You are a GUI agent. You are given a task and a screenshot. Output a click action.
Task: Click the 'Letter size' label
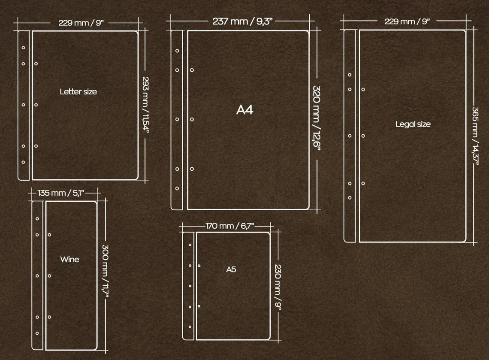coord(78,91)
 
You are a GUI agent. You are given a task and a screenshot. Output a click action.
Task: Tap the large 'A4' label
coord(245,110)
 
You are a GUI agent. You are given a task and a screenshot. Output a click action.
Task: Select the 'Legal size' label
coord(413,124)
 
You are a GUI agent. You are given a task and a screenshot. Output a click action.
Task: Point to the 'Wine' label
coord(69,259)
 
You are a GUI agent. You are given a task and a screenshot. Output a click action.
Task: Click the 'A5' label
coord(231,269)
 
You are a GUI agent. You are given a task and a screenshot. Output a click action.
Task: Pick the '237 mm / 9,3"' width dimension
coord(243,21)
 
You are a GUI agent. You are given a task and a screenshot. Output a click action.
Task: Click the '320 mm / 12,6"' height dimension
coord(317,118)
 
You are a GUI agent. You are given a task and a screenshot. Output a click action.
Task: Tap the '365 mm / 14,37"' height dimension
coord(475,135)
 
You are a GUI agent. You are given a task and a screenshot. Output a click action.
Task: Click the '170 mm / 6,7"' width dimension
coord(230,226)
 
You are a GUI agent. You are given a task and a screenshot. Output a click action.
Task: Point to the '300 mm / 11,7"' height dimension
coord(105,271)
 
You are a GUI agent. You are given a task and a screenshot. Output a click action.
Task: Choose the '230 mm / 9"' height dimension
coord(278,287)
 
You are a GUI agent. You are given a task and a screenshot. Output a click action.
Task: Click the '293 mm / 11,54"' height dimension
coord(146,105)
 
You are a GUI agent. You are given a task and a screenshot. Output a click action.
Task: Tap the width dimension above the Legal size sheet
coord(407,21)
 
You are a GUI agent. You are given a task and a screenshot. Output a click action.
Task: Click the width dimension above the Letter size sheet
coord(81,23)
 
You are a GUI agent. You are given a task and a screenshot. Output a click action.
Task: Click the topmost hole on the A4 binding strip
coord(177,51)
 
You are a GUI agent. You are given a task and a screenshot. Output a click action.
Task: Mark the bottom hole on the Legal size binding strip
coord(350,198)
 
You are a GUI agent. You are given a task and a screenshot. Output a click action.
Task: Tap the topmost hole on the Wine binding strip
coord(37,219)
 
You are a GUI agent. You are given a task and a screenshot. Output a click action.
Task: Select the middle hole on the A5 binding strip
coord(190,286)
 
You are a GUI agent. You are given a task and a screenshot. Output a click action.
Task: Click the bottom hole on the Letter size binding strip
coord(24,162)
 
